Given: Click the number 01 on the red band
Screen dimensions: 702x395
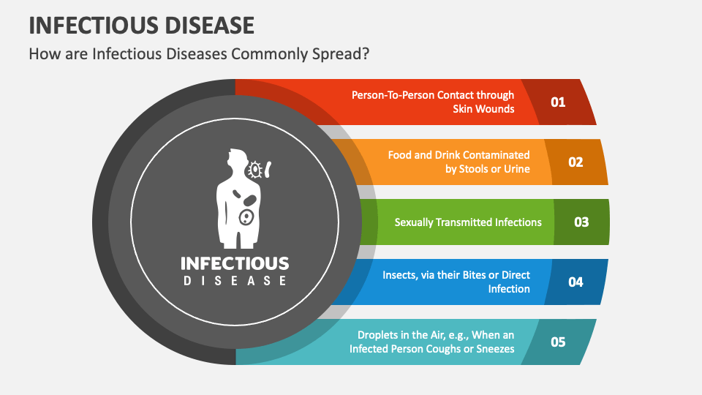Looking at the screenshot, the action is pyautogui.click(x=558, y=102).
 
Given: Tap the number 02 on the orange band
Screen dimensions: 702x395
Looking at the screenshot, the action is pyautogui.click(x=575, y=162).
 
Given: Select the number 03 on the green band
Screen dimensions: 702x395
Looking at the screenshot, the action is pyautogui.click(x=581, y=222).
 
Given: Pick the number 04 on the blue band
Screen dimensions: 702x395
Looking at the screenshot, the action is pyautogui.click(x=575, y=282).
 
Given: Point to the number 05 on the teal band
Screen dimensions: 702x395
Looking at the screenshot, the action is pyautogui.click(x=558, y=342).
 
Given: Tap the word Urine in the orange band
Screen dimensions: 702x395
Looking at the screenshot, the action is pyautogui.click(x=517, y=169).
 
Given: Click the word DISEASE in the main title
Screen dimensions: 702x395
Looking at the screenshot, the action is pyautogui.click(x=209, y=26).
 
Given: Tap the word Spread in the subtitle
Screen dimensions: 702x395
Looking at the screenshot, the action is pyautogui.click(x=341, y=54).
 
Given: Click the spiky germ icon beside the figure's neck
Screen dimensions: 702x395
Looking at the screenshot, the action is pyautogui.click(x=255, y=170).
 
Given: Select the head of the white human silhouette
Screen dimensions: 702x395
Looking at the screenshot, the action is pyautogui.click(x=237, y=159).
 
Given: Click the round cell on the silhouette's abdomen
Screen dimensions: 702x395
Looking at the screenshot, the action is pyautogui.click(x=246, y=217).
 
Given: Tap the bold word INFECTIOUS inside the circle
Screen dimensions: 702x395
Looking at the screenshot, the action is pyautogui.click(x=235, y=263).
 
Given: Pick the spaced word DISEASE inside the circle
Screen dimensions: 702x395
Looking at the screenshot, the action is pyautogui.click(x=235, y=281).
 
